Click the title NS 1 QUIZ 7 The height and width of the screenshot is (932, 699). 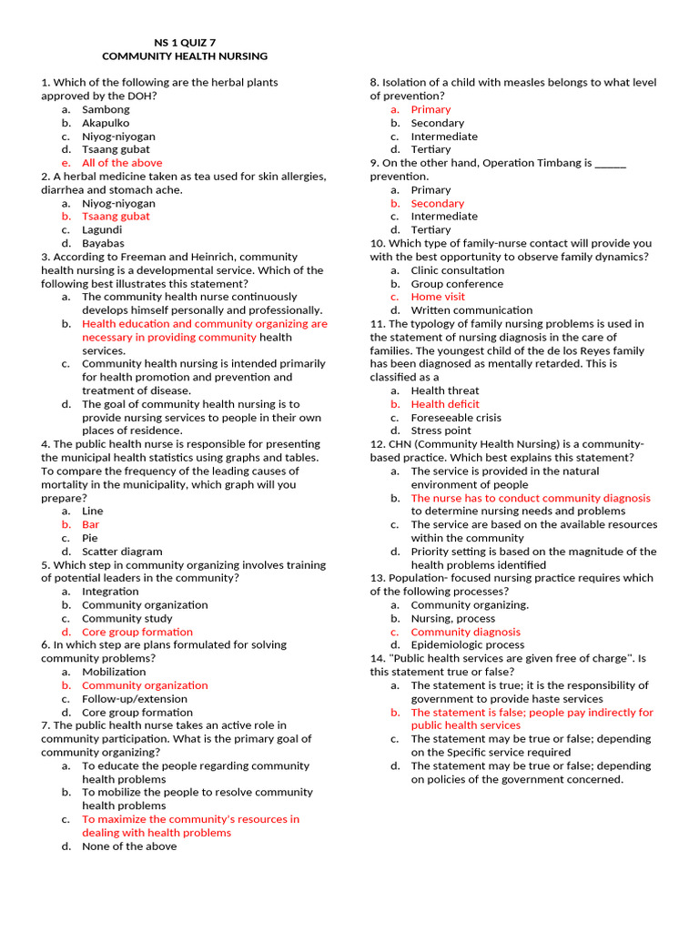(185, 42)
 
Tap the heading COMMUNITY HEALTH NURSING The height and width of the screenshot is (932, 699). (185, 56)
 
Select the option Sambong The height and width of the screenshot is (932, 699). (106, 109)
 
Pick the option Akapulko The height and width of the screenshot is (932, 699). (106, 123)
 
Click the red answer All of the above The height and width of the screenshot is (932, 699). (122, 163)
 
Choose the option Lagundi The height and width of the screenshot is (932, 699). (102, 230)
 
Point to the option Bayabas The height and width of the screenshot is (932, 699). (104, 243)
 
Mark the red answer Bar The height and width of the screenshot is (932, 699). (91, 524)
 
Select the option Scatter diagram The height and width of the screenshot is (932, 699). (122, 552)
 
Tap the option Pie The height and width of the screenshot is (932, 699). (90, 538)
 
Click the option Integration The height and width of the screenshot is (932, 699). (110, 592)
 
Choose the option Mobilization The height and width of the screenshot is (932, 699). (114, 672)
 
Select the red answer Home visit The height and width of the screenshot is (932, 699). (438, 297)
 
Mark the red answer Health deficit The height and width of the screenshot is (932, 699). (445, 404)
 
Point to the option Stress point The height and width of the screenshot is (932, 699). (441, 431)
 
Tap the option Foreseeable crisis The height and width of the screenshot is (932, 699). (456, 418)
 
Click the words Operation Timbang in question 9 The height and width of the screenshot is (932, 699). (537, 163)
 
